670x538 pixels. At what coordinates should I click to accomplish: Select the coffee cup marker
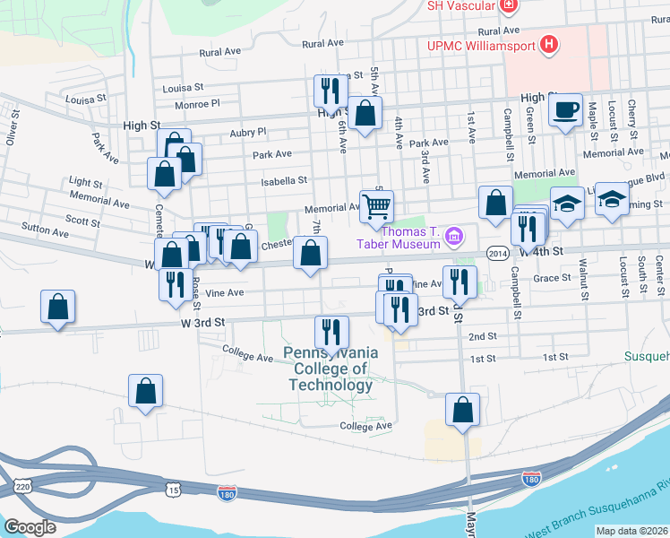pos(565,110)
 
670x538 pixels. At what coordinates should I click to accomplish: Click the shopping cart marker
pos(377,207)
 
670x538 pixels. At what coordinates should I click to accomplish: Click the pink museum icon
pos(455,237)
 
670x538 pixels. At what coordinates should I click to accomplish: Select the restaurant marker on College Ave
pos(331,333)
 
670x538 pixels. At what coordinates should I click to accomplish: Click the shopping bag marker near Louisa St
pos(364,114)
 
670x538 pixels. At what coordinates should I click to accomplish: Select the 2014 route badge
pos(499,254)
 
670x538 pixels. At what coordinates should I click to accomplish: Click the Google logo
pos(30,527)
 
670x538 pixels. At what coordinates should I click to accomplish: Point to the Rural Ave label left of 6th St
pos(322,43)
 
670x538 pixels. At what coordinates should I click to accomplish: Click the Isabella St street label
pos(284,180)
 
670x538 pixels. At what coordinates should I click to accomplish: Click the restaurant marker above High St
pos(331,91)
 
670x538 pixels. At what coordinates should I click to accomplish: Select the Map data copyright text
pos(632,531)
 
